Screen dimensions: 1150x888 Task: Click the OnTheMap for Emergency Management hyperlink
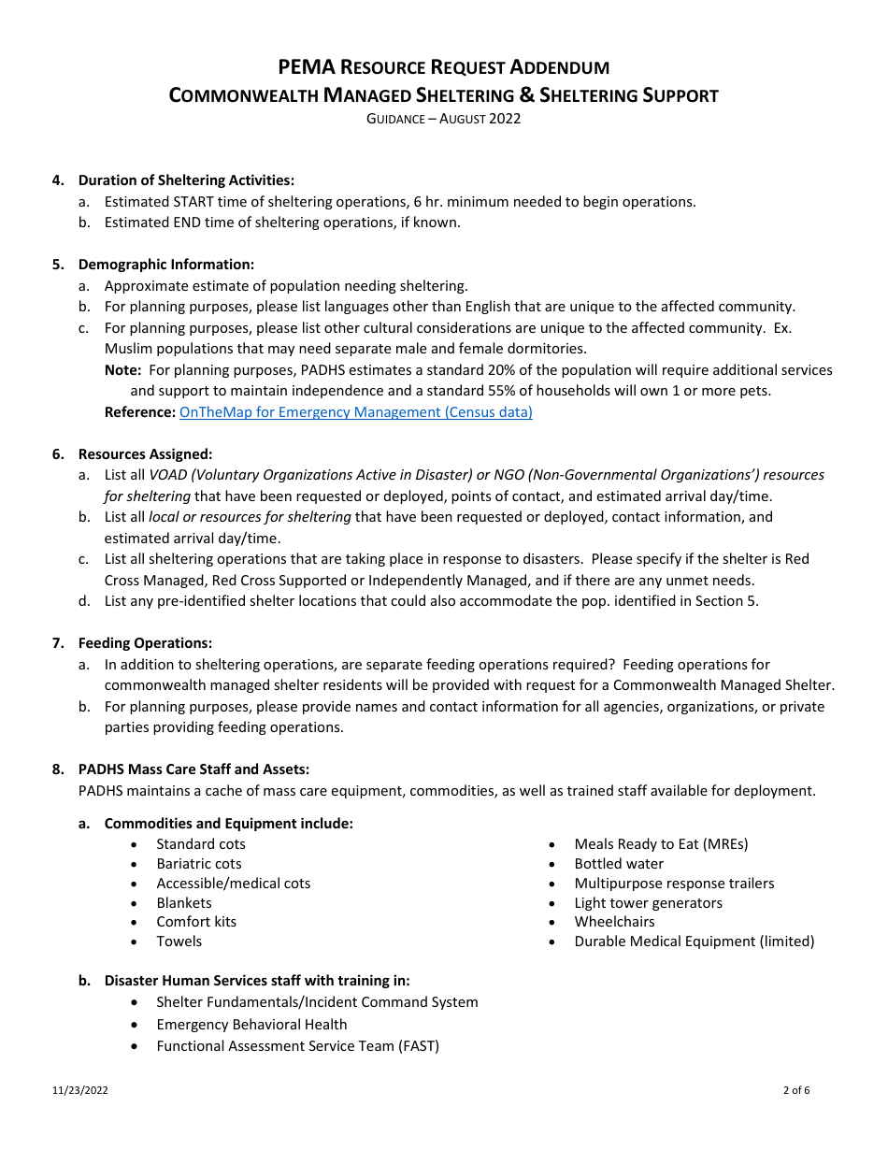(x=355, y=412)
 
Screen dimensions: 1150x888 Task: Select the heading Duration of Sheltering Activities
(x=186, y=180)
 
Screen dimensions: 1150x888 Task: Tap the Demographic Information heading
(x=165, y=265)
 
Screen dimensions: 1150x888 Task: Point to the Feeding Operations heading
(x=145, y=643)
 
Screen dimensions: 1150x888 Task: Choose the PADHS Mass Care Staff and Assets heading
(x=193, y=769)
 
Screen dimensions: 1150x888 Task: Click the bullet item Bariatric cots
(x=198, y=864)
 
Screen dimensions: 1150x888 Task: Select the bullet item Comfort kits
(x=196, y=922)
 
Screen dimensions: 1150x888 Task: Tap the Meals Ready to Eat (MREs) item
(x=661, y=844)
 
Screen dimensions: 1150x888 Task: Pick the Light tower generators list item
(x=648, y=903)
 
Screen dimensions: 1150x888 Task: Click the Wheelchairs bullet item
(x=614, y=922)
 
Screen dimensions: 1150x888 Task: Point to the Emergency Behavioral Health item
(x=251, y=1025)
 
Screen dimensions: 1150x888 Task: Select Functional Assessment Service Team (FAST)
(x=297, y=1046)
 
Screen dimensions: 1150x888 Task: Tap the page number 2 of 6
(x=796, y=1090)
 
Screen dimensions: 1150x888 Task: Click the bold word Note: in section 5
(x=122, y=370)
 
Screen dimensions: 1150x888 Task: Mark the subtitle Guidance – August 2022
(x=443, y=119)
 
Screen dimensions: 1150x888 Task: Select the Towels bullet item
(x=179, y=942)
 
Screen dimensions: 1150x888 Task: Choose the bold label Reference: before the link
(x=139, y=412)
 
